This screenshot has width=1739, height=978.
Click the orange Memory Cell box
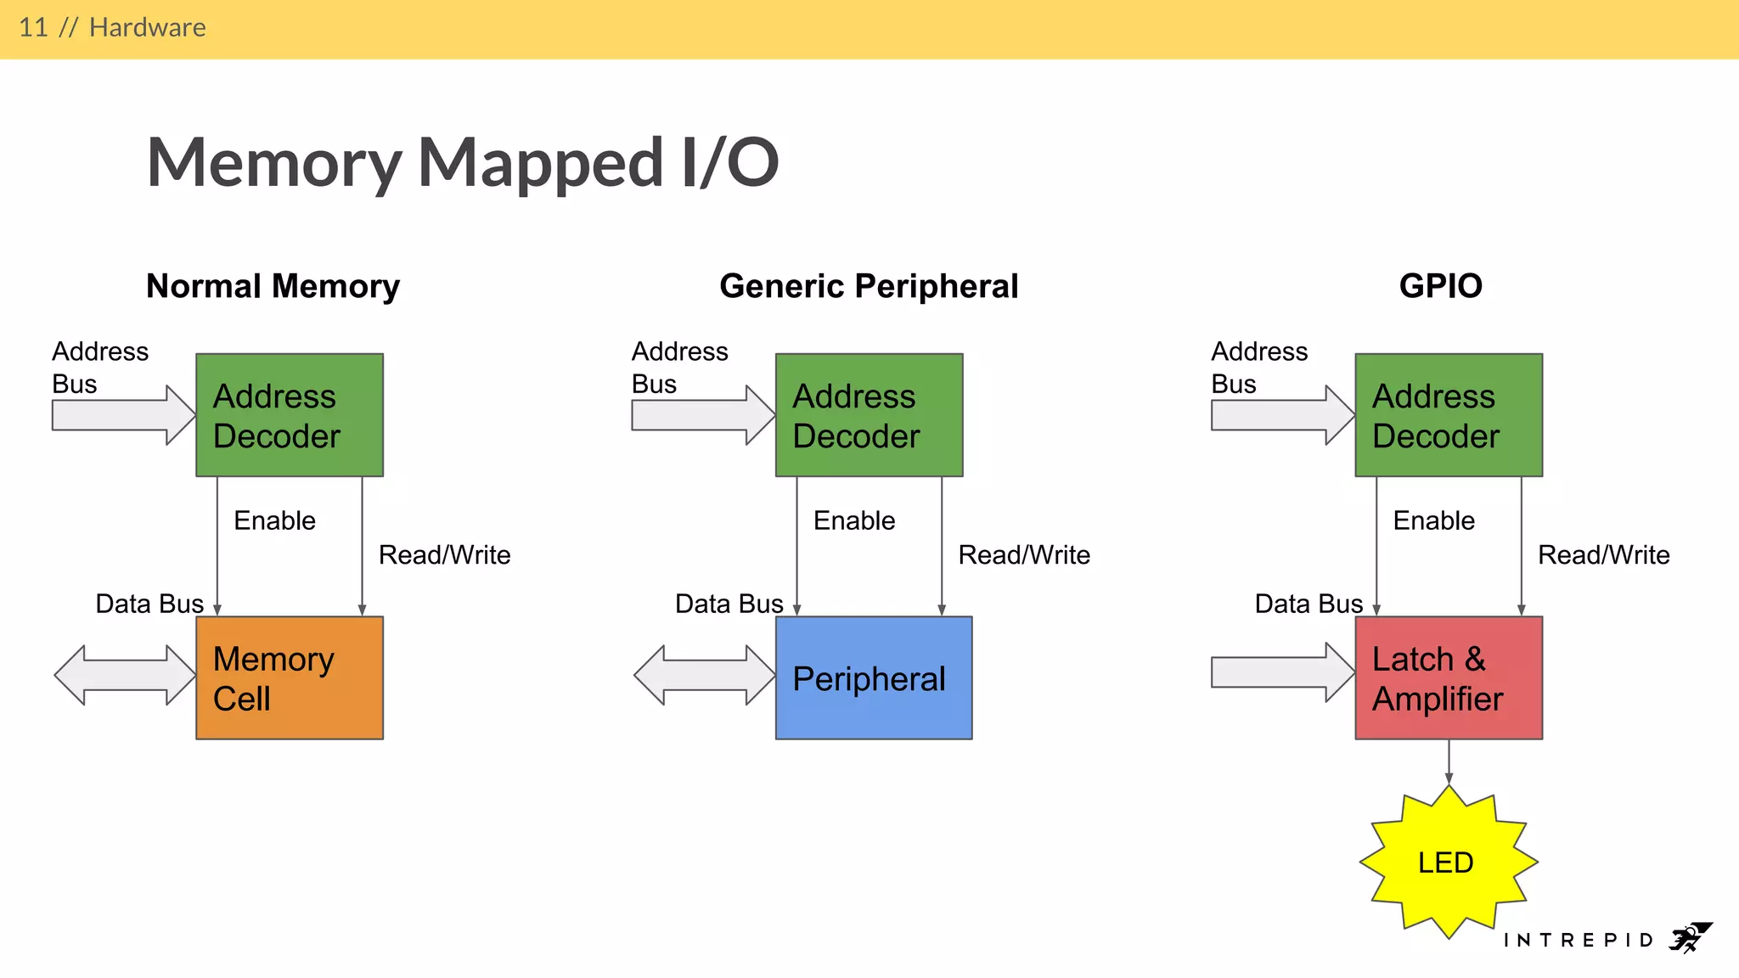point(290,677)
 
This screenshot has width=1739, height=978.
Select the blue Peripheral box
point(873,677)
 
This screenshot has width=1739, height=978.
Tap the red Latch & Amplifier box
point(1449,677)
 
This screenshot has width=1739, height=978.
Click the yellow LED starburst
point(1448,862)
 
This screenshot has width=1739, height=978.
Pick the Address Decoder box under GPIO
point(1449,415)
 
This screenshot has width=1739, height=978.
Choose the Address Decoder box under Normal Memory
point(290,415)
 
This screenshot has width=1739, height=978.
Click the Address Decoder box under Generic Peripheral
point(869,415)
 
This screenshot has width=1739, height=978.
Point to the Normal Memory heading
point(273,286)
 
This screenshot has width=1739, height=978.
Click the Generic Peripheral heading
point(869,286)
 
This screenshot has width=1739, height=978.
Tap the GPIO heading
point(1440,286)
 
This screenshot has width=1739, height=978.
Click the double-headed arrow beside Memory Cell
point(125,675)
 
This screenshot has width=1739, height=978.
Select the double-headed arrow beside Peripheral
point(704,675)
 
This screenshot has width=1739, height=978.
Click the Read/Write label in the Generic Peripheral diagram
point(1024,554)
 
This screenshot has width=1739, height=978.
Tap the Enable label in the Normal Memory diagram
point(274,520)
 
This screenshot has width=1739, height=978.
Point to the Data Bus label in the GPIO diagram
point(1308,604)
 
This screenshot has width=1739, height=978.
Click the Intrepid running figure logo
point(1690,938)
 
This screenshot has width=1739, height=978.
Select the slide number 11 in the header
point(33,27)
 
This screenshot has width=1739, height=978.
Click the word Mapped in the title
point(540,163)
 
